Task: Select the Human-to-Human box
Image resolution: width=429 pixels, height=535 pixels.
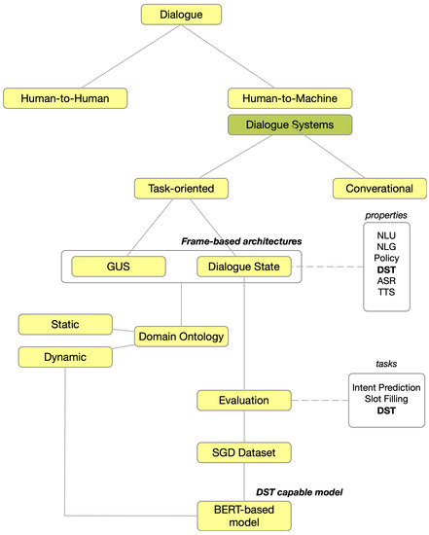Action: tap(65, 98)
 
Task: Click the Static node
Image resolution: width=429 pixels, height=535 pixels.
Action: tap(65, 322)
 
